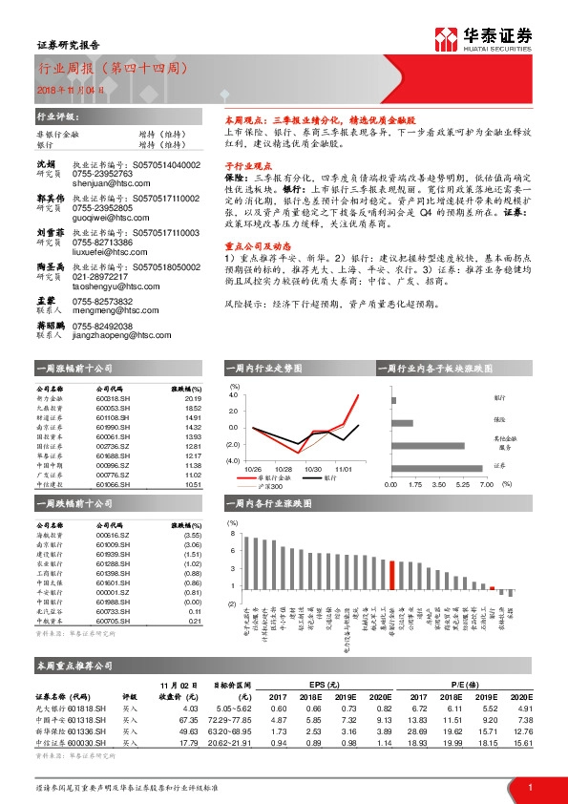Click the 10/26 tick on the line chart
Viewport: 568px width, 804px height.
pyautogui.click(x=253, y=469)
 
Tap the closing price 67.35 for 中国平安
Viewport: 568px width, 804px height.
pyautogui.click(x=188, y=717)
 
